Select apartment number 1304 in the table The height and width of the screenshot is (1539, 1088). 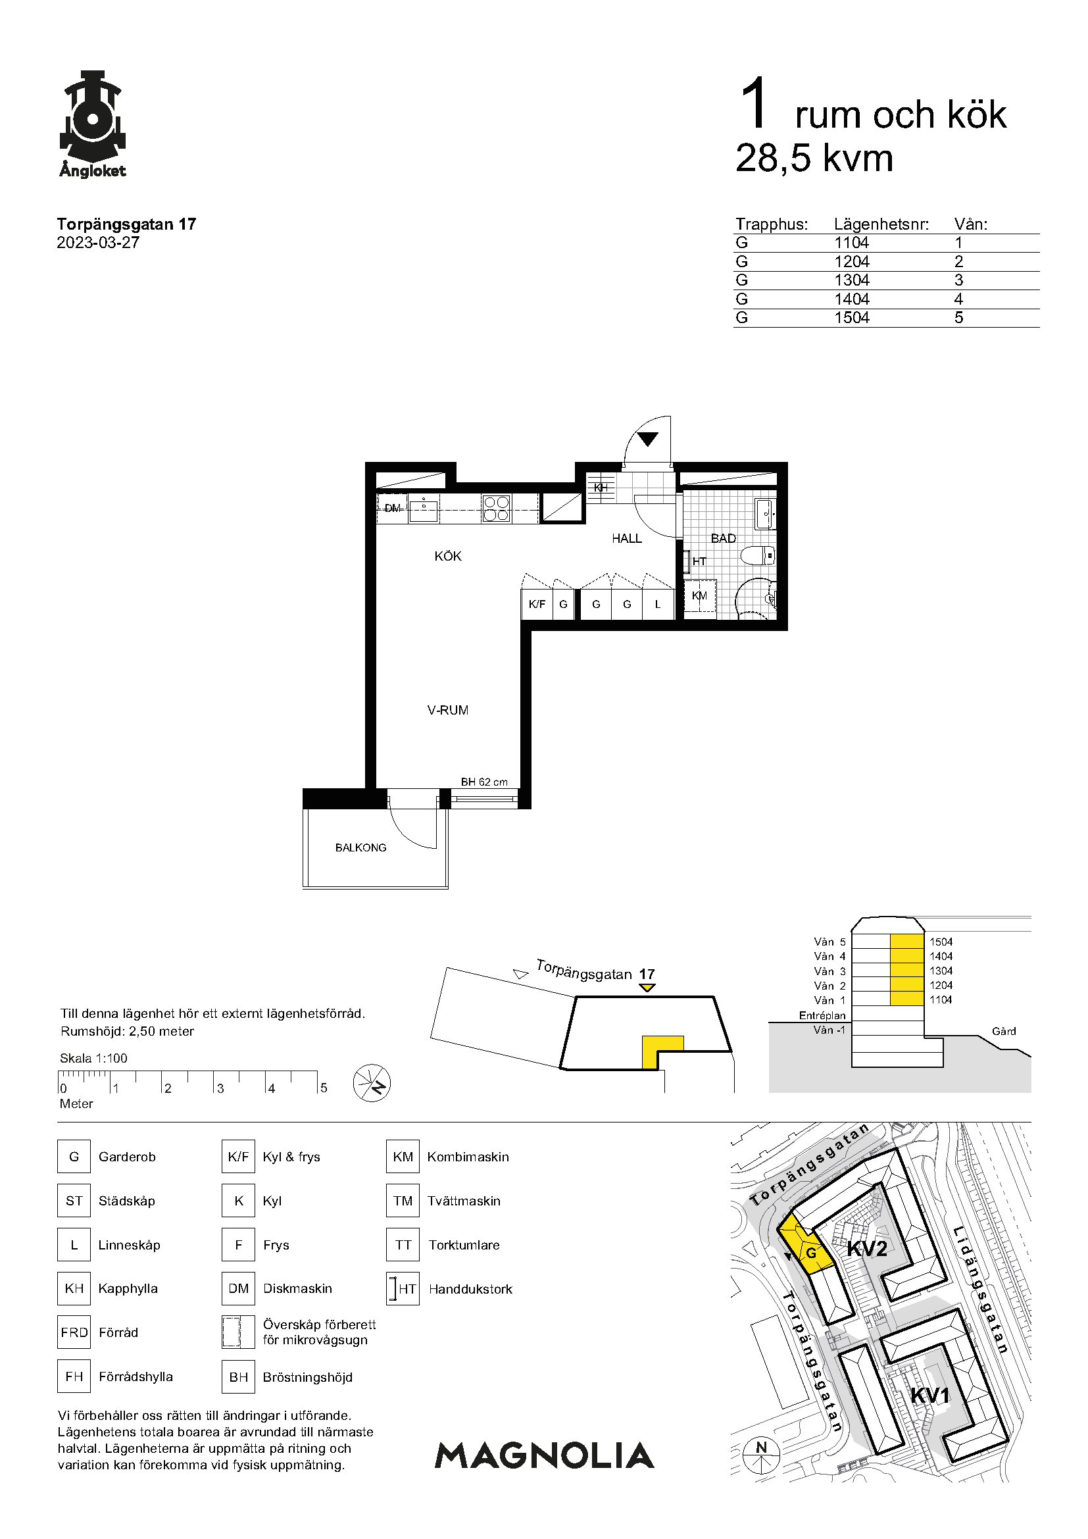pos(851,280)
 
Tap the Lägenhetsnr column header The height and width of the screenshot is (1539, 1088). pos(881,224)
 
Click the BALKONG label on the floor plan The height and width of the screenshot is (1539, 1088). pos(360,847)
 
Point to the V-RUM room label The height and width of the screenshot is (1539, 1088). pos(447,710)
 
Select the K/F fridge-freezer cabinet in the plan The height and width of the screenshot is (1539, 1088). pos(537,604)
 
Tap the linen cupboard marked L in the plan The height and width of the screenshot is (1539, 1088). pos(658,604)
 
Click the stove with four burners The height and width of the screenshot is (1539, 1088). pos(496,508)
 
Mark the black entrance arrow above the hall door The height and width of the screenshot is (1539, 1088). pos(648,439)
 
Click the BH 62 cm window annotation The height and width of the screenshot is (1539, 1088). pos(483,782)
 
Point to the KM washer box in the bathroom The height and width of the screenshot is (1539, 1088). pos(699,596)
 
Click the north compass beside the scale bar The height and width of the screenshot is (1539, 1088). pos(372,1083)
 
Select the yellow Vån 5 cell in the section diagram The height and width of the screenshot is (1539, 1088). pos(907,941)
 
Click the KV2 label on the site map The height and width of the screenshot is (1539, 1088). pos(867,1248)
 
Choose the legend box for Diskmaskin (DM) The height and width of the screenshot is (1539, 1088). pos(239,1288)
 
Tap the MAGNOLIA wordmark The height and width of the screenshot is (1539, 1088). pos(545,1455)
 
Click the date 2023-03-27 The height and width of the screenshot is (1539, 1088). pos(98,243)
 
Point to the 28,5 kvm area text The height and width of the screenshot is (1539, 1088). pos(814,158)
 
